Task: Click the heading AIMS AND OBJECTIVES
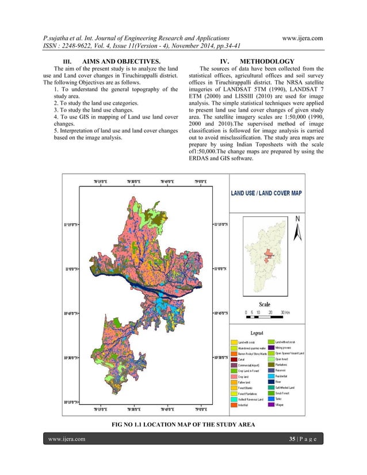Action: click(121, 62)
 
